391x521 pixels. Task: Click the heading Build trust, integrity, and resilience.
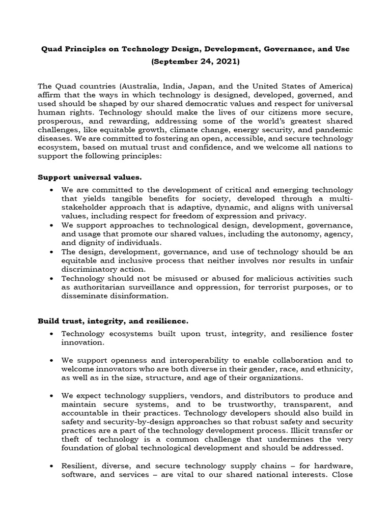point(113,321)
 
